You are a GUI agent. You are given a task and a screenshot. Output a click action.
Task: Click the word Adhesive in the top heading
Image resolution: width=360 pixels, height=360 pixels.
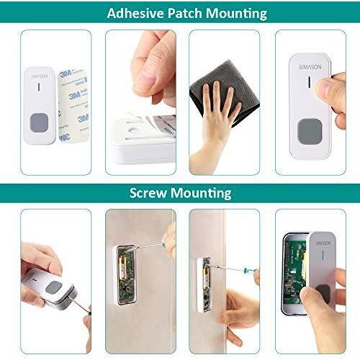pyautogui.click(x=135, y=13)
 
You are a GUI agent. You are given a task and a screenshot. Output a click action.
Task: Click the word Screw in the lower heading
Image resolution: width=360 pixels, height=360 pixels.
pyautogui.click(x=148, y=193)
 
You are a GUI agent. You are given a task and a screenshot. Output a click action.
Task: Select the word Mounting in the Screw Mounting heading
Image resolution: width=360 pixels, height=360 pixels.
pyautogui.click(x=201, y=193)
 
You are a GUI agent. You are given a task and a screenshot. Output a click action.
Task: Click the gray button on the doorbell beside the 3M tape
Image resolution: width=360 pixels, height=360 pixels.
pyautogui.click(x=40, y=122)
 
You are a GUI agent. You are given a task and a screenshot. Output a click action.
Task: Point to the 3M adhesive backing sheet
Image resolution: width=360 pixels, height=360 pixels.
pyautogui.click(x=73, y=106)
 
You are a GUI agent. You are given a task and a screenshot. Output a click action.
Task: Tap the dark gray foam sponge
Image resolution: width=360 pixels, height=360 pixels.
pyautogui.click(x=225, y=92)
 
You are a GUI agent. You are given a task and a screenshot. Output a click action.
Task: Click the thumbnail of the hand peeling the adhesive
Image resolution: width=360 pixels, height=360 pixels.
pyautogui.click(x=140, y=102)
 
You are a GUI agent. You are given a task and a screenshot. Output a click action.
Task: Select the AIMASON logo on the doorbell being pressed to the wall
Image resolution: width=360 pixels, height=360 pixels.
pyautogui.click(x=310, y=67)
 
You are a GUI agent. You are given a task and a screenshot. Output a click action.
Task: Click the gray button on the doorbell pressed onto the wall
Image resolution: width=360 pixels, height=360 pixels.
pyautogui.click(x=310, y=131)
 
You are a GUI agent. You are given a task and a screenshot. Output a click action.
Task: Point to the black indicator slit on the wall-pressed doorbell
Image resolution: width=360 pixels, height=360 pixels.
pyautogui.click(x=309, y=82)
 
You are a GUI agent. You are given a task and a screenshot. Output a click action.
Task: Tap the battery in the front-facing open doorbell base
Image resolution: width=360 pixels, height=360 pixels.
pyautogui.click(x=123, y=269)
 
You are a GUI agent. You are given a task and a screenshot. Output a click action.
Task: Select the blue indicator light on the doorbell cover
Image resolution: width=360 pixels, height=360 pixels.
pyautogui.click(x=323, y=256)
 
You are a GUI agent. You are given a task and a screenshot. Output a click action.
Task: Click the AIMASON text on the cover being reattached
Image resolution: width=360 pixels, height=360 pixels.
pyautogui.click(x=323, y=243)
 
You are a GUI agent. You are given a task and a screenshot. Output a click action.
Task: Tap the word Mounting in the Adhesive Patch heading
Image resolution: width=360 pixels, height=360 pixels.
pyautogui.click(x=236, y=14)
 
